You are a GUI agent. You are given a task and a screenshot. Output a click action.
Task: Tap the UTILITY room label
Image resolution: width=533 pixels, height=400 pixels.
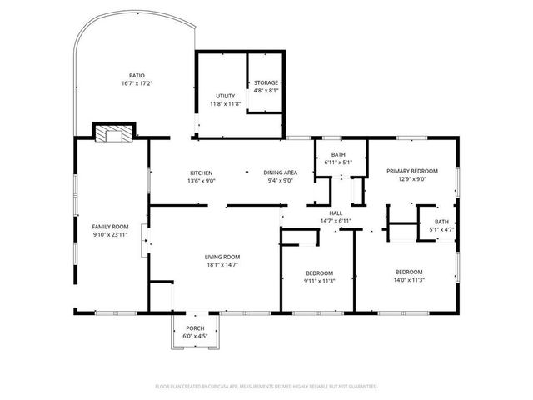[x=225, y=97]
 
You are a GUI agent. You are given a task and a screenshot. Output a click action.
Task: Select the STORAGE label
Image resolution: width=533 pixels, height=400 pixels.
[x=266, y=82]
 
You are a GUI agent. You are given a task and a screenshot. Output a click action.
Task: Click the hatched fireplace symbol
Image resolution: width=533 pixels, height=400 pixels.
[x=111, y=132]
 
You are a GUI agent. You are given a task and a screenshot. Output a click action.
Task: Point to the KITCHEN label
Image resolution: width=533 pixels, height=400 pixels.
[x=201, y=172]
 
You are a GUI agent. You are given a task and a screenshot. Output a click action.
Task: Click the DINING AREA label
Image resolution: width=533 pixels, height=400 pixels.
[x=281, y=172]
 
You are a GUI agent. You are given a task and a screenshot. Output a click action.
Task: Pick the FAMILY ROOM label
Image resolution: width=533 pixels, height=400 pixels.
[x=110, y=227]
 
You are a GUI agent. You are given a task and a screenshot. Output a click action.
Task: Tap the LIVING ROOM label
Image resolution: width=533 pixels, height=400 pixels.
[x=222, y=257]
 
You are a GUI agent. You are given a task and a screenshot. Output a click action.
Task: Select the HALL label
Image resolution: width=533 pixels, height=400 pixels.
[x=336, y=213]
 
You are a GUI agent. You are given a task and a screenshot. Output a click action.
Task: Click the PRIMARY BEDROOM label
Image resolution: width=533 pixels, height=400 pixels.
[x=411, y=171]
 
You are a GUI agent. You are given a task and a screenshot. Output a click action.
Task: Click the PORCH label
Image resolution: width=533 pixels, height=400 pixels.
[x=194, y=328]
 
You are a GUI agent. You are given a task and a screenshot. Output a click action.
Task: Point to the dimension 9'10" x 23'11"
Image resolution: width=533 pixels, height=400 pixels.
[x=110, y=235]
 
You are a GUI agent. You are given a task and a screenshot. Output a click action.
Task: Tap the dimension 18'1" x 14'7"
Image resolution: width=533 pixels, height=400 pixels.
[x=222, y=265]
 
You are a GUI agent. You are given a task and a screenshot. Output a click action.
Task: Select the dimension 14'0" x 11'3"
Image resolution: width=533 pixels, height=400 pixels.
[x=408, y=280]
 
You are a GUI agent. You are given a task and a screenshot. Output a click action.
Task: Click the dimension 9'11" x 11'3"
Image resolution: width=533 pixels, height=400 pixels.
[x=319, y=281]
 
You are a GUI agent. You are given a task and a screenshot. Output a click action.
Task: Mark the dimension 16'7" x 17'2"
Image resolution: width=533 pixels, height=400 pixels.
[x=138, y=83]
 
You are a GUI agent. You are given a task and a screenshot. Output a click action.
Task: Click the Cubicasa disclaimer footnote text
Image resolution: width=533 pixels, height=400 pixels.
[x=266, y=387]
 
